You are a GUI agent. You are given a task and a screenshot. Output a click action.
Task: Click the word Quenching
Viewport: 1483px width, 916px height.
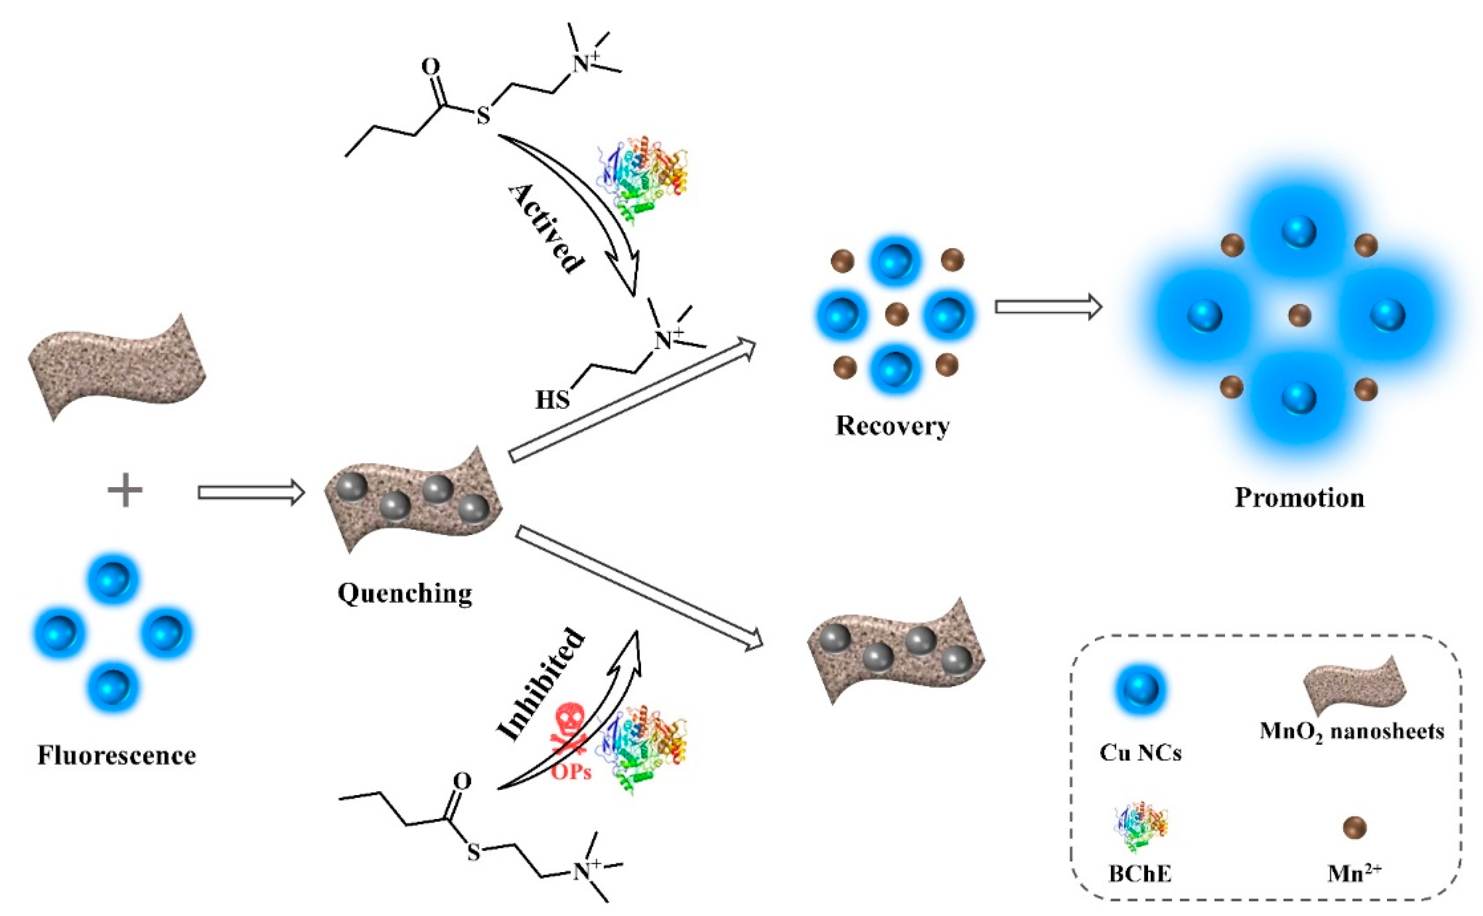pos(405,593)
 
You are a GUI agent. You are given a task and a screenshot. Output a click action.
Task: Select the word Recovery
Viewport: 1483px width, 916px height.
pos(892,426)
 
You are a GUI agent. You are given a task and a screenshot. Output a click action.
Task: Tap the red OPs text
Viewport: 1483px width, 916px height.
pos(570,771)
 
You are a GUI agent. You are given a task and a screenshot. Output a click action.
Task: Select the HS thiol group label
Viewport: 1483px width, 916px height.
pos(552,400)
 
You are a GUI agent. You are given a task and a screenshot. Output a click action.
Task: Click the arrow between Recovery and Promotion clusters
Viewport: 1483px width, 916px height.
pos(1048,307)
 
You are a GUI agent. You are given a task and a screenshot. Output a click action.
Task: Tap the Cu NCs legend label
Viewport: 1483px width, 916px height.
pos(1140,753)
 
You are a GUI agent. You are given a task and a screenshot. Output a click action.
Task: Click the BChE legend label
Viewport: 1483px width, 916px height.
pos(1140,874)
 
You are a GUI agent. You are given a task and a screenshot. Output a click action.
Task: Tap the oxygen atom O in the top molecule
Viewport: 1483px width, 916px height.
pos(430,67)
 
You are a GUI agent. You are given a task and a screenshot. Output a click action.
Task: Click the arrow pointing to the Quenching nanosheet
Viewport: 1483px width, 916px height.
pos(250,493)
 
